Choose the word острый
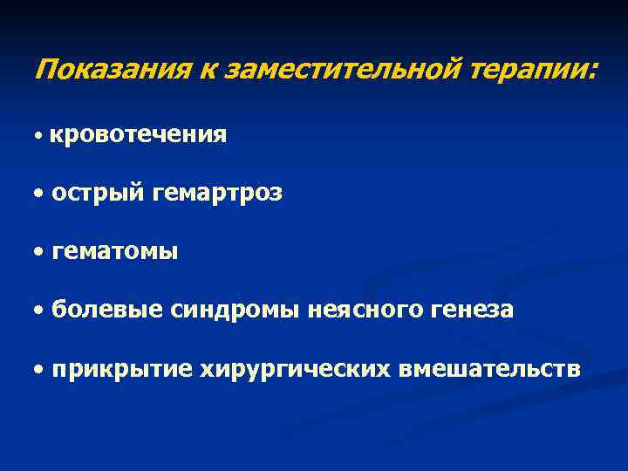click(96, 193)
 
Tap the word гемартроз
click(216, 194)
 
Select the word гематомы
click(114, 252)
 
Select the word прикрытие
click(121, 368)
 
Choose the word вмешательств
click(488, 368)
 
